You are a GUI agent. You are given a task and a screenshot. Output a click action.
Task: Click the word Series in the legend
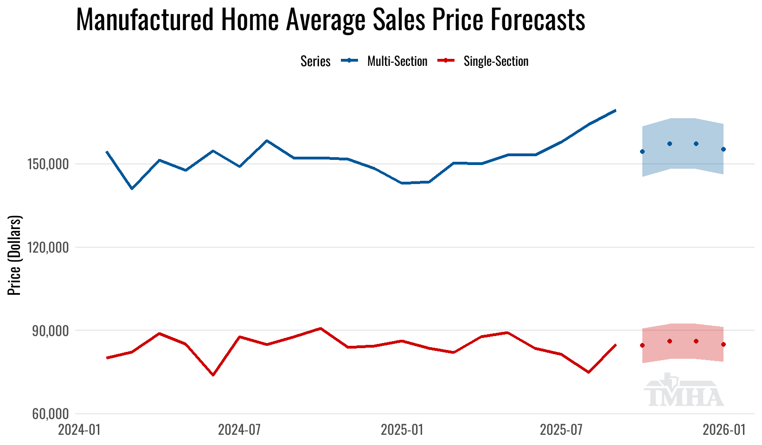(315, 61)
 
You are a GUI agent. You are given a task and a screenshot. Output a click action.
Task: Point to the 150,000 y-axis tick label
(51, 164)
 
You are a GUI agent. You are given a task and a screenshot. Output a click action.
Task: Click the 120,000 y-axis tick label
(51, 248)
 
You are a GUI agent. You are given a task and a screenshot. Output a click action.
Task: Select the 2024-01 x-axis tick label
(79, 430)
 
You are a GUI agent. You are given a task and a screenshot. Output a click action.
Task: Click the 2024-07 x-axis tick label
(239, 430)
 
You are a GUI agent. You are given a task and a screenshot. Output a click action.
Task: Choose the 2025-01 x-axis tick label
(402, 430)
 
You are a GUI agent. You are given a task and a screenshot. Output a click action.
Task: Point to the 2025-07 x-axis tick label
(561, 430)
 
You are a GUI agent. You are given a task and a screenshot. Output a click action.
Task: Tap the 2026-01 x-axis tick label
(724, 430)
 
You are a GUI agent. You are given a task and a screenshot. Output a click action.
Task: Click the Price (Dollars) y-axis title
(15, 255)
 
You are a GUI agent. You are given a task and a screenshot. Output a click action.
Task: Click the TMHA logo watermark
(684, 391)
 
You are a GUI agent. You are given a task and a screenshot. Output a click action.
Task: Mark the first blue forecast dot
(642, 152)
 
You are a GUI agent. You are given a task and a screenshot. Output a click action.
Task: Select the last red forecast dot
(724, 344)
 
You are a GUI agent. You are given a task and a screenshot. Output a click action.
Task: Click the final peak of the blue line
(615, 110)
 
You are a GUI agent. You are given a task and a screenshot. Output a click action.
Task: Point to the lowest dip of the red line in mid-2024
(213, 375)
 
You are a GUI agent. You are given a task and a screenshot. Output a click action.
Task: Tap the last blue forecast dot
(724, 149)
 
